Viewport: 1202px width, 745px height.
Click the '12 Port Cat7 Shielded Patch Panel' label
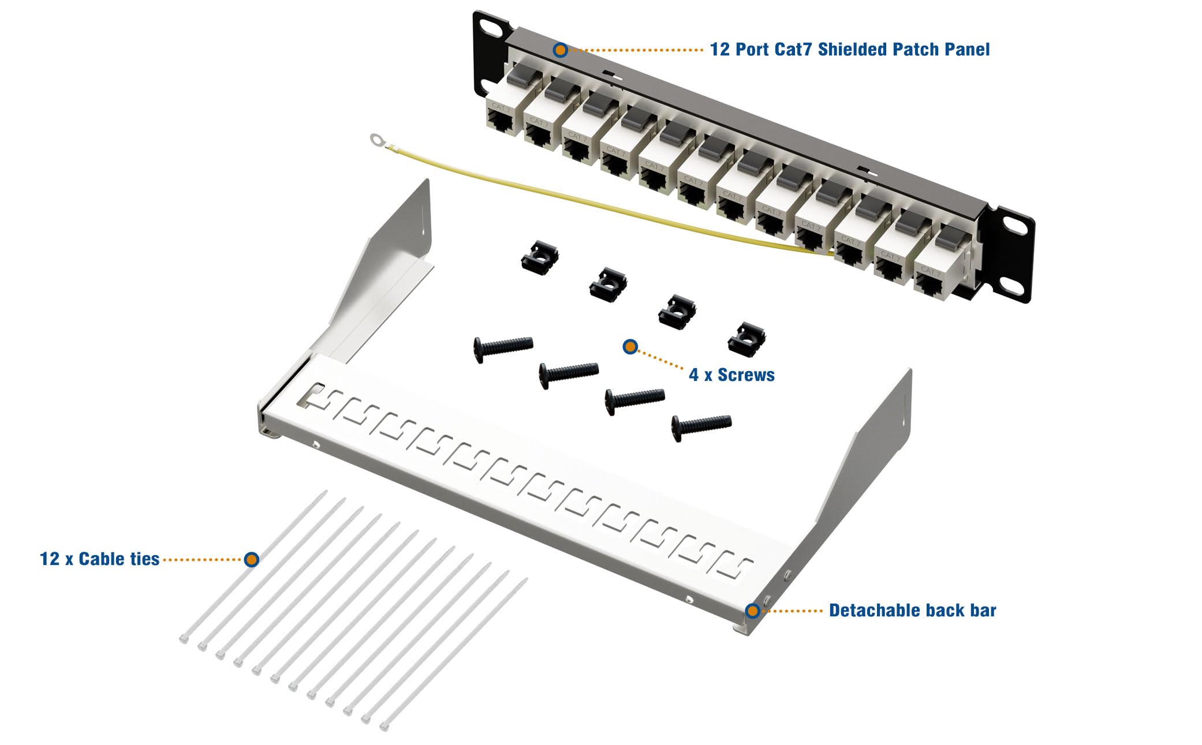point(849,50)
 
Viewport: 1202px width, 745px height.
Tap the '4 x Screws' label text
point(731,375)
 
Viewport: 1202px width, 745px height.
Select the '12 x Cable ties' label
point(99,559)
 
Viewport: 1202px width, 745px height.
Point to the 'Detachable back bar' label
point(912,611)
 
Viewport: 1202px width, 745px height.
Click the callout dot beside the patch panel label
point(560,50)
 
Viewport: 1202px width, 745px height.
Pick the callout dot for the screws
point(630,347)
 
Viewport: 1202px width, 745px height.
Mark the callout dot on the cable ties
point(251,559)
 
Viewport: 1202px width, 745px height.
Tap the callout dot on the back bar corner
point(752,611)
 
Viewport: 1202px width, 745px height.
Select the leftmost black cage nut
point(540,257)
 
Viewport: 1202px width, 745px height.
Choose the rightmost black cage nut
point(746,339)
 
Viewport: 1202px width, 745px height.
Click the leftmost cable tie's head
point(184,639)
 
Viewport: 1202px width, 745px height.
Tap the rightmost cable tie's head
point(384,725)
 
